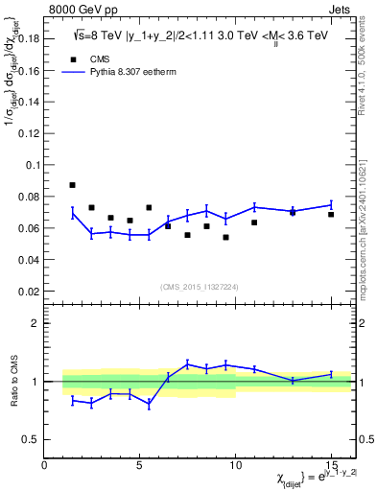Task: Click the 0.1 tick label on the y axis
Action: coord(31,165)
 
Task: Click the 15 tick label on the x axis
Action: coord(331,465)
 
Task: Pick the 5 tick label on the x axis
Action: coord(140,465)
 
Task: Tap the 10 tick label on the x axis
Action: coord(235,465)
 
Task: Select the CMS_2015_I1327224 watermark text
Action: coord(199,286)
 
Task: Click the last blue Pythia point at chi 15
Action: coord(331,204)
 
